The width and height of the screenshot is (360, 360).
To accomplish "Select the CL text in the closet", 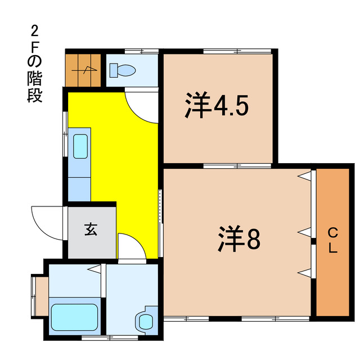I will point(332,241).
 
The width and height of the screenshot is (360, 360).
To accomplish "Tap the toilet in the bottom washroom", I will point(145,321).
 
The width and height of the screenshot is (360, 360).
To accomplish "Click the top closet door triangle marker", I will point(304,176).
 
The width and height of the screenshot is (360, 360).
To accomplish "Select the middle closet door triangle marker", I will point(304,231).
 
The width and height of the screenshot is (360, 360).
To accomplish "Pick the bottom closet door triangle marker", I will point(304,273).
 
